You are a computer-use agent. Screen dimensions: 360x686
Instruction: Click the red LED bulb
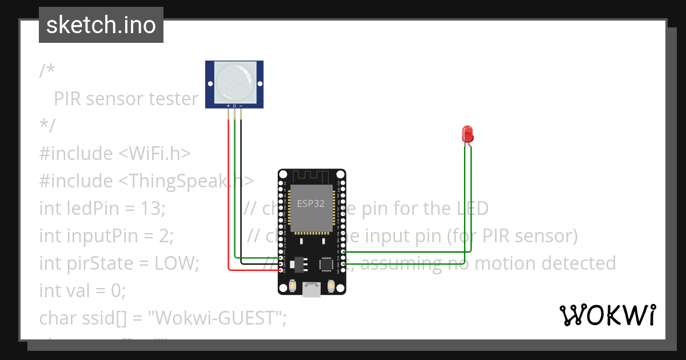(468, 134)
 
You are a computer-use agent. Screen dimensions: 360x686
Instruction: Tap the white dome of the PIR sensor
(234, 81)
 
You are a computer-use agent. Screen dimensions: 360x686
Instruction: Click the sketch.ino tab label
(101, 25)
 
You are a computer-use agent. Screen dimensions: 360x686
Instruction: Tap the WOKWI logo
(607, 315)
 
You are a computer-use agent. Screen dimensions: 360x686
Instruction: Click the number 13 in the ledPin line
(150, 209)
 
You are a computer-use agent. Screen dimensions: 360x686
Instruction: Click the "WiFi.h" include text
(155, 154)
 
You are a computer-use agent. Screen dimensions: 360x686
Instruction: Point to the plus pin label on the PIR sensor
(229, 106)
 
